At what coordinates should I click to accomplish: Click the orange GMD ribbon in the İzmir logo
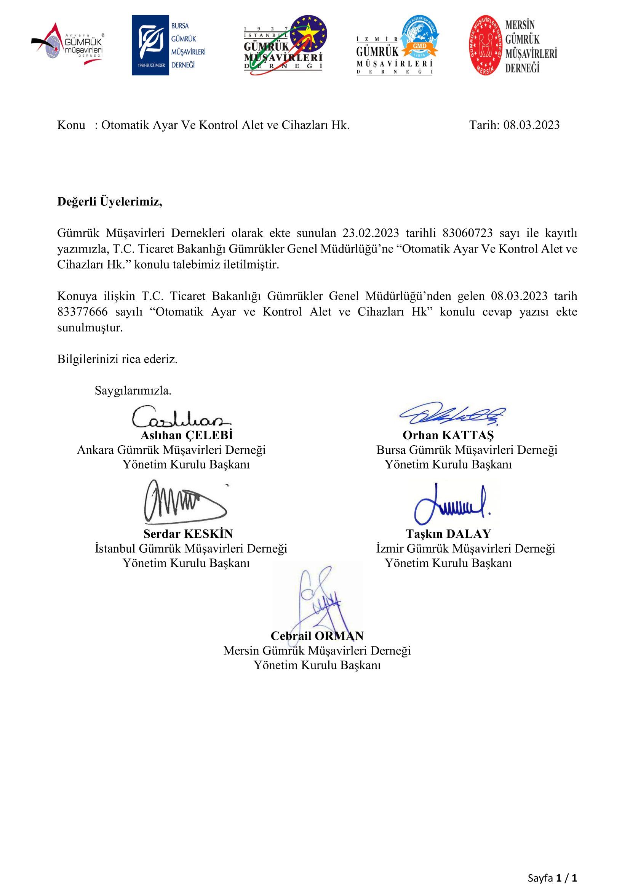[x=419, y=46]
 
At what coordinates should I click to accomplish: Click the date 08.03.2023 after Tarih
[x=531, y=125]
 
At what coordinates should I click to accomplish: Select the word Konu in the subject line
[x=71, y=125]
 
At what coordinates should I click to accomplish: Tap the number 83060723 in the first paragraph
[x=467, y=233]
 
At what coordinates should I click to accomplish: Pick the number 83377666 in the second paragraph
[x=82, y=312]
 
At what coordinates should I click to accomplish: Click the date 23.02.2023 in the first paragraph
[x=371, y=233]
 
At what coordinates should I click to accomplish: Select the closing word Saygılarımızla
[x=133, y=390]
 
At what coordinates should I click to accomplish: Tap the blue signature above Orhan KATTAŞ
[x=453, y=414]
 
